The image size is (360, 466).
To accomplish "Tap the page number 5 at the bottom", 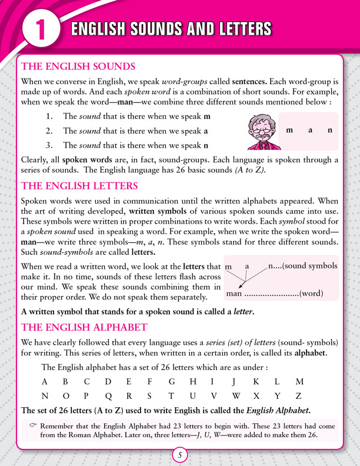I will click(x=180, y=455).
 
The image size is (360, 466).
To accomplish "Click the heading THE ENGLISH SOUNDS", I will click(x=78, y=66).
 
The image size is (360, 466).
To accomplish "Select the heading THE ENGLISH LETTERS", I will click(x=79, y=186).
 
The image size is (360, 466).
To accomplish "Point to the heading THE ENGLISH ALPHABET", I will click(x=84, y=327).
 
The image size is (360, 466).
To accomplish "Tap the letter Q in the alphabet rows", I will click(x=108, y=396).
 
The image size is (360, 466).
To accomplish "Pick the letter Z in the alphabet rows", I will click(x=299, y=396).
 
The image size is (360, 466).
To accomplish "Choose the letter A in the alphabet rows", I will click(x=44, y=381).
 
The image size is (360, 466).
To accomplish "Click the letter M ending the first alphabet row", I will click(x=299, y=381).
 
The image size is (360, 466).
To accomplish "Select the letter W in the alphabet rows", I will click(x=235, y=396).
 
